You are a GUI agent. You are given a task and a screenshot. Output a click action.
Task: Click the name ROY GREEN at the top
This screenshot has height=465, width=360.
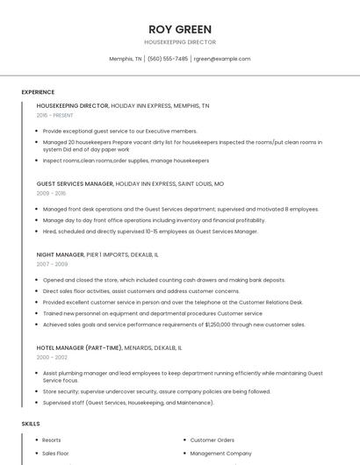point(180,29)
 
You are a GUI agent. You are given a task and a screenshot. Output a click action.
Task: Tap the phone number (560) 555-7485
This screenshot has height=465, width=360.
point(168,59)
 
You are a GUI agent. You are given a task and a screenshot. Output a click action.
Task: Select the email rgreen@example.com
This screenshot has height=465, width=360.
point(222,59)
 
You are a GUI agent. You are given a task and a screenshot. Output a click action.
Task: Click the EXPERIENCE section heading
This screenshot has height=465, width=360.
point(38,92)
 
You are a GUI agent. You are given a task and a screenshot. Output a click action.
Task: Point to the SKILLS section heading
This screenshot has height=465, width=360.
point(31,424)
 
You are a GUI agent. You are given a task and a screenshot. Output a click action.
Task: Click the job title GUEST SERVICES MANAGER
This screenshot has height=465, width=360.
point(75,184)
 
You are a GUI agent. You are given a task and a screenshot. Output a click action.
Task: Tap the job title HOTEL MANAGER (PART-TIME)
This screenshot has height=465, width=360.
point(79,347)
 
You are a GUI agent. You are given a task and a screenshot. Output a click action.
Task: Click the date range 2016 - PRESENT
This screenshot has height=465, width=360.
point(54,115)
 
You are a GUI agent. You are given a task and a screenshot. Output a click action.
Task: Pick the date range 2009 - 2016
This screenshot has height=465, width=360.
point(51,193)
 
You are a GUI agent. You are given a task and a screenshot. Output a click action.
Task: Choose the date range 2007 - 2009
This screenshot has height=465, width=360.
point(52,263)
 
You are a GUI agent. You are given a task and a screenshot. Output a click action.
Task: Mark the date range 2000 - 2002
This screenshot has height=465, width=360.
point(52,357)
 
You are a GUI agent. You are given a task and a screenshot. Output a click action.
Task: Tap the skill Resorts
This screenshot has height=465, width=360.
point(52,440)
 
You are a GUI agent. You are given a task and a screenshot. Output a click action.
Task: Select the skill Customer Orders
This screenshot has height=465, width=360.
point(212,440)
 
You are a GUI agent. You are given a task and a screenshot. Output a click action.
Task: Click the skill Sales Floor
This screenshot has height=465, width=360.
point(55,454)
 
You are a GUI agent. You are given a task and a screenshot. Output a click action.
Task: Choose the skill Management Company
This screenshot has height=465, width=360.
point(220,454)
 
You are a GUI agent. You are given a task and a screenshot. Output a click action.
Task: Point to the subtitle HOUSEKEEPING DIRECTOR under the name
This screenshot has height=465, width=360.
point(180,42)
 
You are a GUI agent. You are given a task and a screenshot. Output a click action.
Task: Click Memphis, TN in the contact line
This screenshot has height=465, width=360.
point(126,59)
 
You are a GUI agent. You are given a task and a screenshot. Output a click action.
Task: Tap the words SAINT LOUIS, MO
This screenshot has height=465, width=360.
point(201,184)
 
